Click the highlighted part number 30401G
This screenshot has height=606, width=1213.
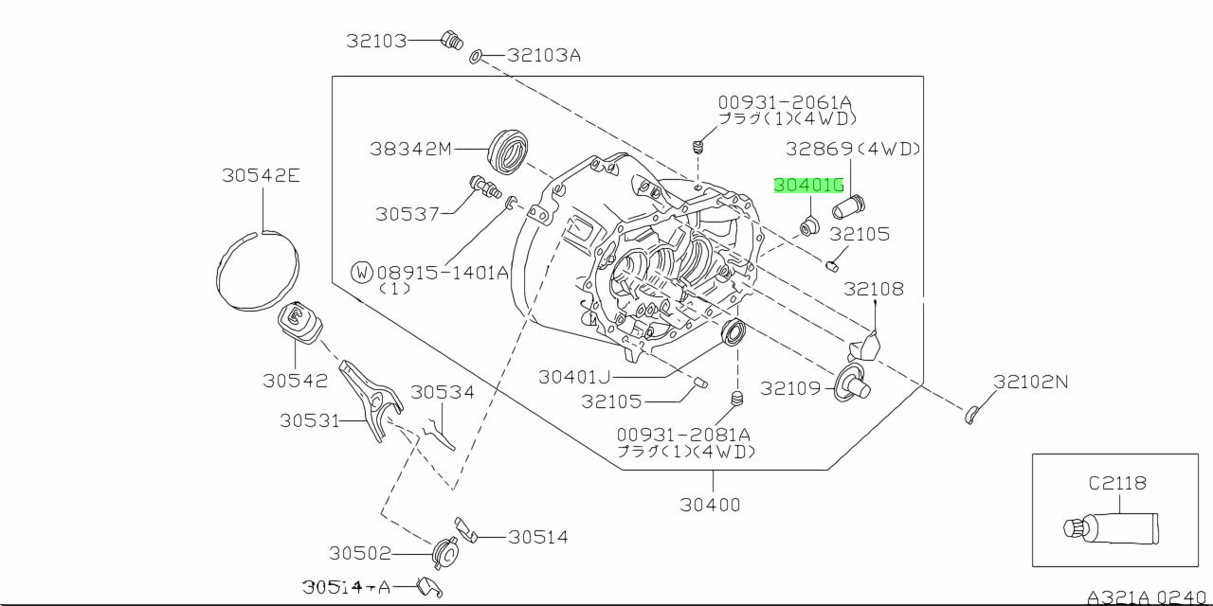click(x=808, y=186)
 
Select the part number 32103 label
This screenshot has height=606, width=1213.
click(x=375, y=41)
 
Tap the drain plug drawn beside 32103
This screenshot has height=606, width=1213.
click(x=451, y=40)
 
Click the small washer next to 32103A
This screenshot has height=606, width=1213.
click(x=477, y=57)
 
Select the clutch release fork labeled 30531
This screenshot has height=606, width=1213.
click(x=372, y=398)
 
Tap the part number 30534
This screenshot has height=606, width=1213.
click(x=443, y=391)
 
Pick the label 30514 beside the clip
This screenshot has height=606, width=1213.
click(x=537, y=537)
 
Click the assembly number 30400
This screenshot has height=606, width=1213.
click(x=710, y=505)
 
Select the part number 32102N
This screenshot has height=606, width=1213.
click(x=1030, y=382)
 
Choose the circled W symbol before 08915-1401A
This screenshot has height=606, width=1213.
click(x=361, y=273)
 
